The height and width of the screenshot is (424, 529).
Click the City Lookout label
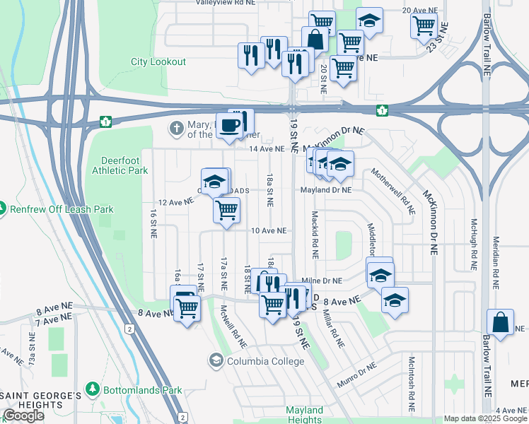pyautogui.click(x=158, y=62)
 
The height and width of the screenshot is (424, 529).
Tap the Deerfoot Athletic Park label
pyautogui.click(x=120, y=165)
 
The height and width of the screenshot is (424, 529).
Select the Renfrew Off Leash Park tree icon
pyautogui.click(x=3, y=208)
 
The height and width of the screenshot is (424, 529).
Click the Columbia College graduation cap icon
pyautogui.click(x=215, y=361)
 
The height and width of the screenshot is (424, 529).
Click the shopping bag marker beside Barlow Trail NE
pyautogui.click(x=500, y=322)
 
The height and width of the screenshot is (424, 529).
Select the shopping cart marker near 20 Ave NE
pyautogui.click(x=423, y=25)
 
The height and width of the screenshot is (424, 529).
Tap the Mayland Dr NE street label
pyautogui.click(x=326, y=190)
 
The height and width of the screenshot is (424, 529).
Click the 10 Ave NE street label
pyautogui.click(x=268, y=230)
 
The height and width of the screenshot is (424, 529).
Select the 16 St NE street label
pyautogui.click(x=153, y=223)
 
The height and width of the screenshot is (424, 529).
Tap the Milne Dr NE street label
pyautogui.click(x=322, y=281)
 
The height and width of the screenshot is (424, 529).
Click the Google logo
pyautogui.click(x=24, y=416)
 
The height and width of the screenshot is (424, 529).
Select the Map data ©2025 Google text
pyautogui.click(x=485, y=419)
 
